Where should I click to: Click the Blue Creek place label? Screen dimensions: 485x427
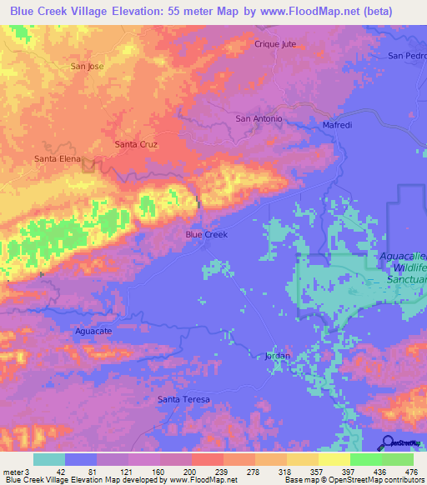click(206, 235)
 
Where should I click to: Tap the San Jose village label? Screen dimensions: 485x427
click(87, 66)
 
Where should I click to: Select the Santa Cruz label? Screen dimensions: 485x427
click(136, 144)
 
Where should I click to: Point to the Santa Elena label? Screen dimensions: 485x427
click(56, 158)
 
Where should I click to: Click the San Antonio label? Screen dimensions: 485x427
click(259, 119)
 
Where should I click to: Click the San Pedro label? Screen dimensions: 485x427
click(408, 56)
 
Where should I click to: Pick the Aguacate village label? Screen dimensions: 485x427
click(93, 332)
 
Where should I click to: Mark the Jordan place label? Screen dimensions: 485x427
click(277, 356)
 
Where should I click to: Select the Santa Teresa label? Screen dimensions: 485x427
click(183, 400)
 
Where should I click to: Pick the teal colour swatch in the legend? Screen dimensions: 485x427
click(48, 459)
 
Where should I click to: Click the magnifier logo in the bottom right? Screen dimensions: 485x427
click(389, 442)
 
